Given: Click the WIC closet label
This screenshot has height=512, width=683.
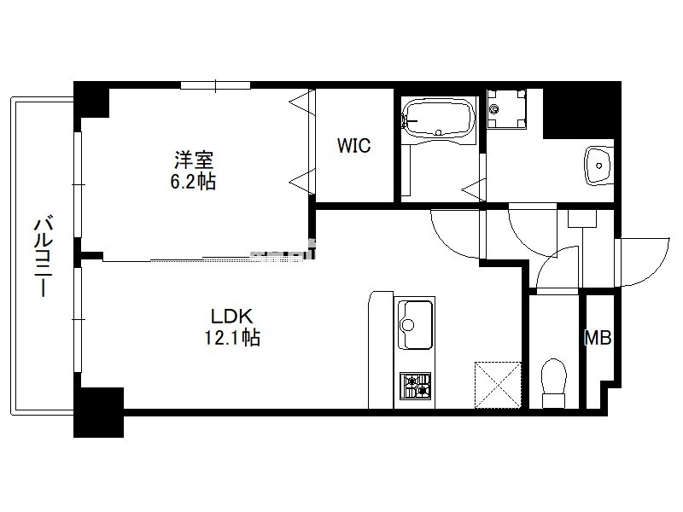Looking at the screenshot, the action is click(353, 145).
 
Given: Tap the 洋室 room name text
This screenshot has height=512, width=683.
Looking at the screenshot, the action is click(194, 160).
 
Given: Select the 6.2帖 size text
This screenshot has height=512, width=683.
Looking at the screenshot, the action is click(193, 181).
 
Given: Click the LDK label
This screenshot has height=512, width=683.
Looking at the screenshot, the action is click(231, 316).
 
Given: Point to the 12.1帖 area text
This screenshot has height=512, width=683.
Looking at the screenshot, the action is click(232, 337).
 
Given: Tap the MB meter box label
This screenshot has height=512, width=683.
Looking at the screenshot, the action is click(598, 337).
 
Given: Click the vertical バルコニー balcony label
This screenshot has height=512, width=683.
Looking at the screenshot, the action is click(44, 257).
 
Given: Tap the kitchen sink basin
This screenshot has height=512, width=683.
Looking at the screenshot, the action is click(416, 323).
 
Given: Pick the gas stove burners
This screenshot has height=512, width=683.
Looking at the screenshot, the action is click(416, 386).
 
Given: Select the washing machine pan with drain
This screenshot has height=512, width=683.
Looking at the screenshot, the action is click(506, 109).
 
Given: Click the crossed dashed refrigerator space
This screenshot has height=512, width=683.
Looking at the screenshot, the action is click(498, 385).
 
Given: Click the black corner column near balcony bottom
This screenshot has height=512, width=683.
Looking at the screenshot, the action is click(99, 412).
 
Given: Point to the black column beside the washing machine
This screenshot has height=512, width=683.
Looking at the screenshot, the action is click(581, 110).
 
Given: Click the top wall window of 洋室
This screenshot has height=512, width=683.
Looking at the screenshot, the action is click(216, 85).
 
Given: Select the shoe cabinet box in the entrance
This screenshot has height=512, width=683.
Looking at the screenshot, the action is click(582, 218).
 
